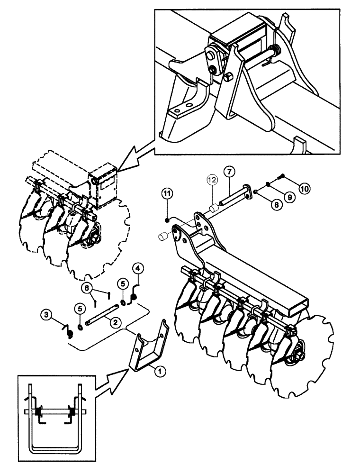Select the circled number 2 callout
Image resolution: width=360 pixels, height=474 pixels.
point(114,321)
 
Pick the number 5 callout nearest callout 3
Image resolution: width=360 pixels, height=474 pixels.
point(80,309)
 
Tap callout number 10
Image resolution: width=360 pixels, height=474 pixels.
point(304,187)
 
